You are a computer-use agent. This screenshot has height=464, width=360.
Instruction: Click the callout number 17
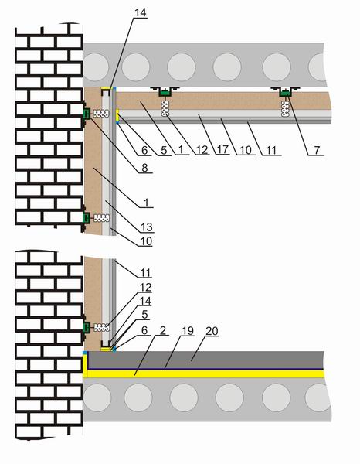click(x=222, y=150)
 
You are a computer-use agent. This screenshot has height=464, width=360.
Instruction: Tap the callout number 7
click(x=317, y=150)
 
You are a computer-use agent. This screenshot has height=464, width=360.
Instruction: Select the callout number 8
click(x=144, y=168)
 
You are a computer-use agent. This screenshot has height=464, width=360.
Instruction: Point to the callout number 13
click(x=147, y=227)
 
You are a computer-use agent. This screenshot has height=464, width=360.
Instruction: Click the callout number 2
click(x=162, y=330)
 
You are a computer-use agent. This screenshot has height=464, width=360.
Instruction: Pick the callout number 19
click(x=188, y=331)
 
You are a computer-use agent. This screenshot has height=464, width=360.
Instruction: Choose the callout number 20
click(x=212, y=331)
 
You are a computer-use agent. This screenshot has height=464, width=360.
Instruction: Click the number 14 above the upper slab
click(x=140, y=12)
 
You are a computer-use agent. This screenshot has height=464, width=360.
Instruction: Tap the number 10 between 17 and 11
click(x=246, y=150)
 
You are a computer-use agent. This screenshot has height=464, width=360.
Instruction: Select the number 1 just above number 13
click(x=147, y=203)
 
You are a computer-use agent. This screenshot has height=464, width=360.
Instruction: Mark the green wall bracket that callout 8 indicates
click(x=87, y=114)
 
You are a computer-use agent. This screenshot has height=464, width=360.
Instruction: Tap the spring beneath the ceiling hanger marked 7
click(x=286, y=108)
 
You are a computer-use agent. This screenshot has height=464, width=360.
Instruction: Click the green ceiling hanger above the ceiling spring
click(x=165, y=93)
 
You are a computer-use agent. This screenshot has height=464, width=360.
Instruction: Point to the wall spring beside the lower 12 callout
click(x=101, y=327)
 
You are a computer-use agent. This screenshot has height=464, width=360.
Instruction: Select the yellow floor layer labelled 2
click(x=204, y=374)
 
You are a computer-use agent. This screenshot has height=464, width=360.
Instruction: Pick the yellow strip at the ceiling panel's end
click(x=117, y=115)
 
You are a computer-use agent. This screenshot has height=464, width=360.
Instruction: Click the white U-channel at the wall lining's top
click(x=107, y=91)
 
